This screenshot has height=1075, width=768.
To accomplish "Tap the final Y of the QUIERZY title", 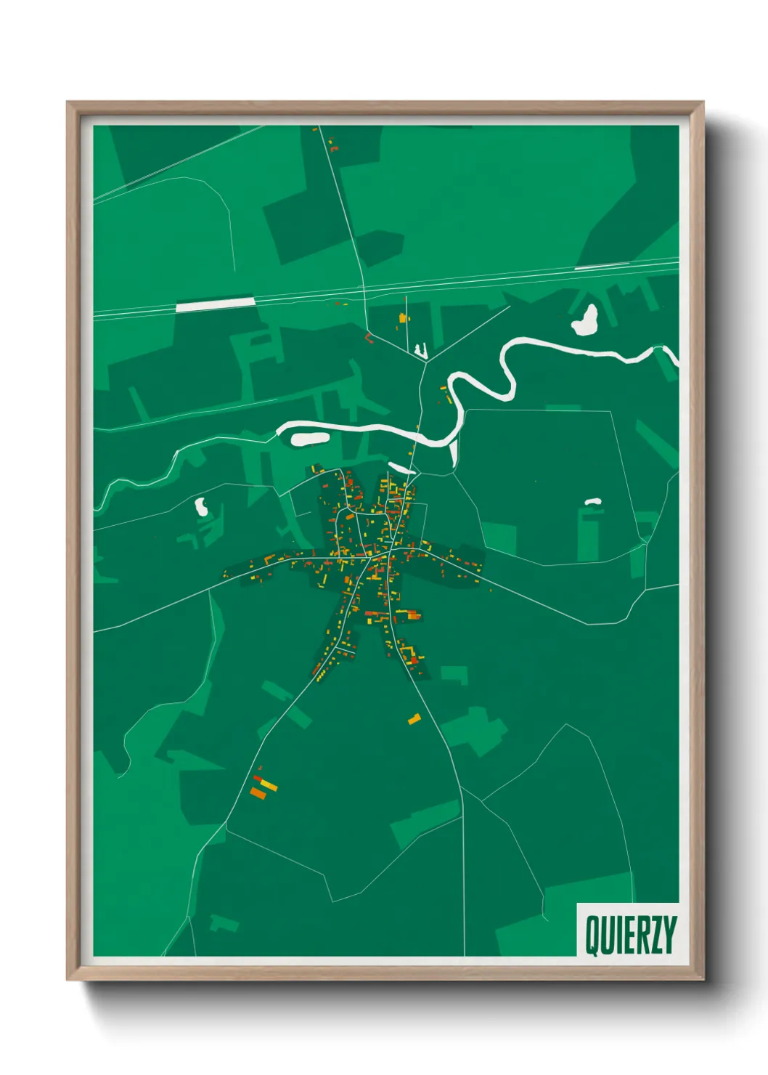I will pyautogui.click(x=669, y=936).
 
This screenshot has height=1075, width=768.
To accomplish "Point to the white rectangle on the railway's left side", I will pyautogui.click(x=216, y=304).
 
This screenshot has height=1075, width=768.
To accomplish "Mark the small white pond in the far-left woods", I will pyautogui.click(x=201, y=506).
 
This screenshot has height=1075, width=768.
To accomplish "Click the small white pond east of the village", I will pyautogui.click(x=593, y=501).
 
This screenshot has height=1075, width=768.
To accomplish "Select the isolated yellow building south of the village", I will pyautogui.click(x=414, y=719).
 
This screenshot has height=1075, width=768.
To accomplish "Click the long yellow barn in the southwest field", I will pyautogui.click(x=267, y=784).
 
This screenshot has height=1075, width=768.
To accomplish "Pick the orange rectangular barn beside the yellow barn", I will pyautogui.click(x=258, y=793).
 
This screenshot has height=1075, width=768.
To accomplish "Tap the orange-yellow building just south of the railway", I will pyautogui.click(x=403, y=318).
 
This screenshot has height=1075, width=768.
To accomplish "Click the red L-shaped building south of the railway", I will pyautogui.click(x=369, y=338).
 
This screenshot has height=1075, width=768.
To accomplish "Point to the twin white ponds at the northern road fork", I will pyautogui.click(x=420, y=352).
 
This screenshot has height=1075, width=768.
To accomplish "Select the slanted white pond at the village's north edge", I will pyautogui.click(x=401, y=468).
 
